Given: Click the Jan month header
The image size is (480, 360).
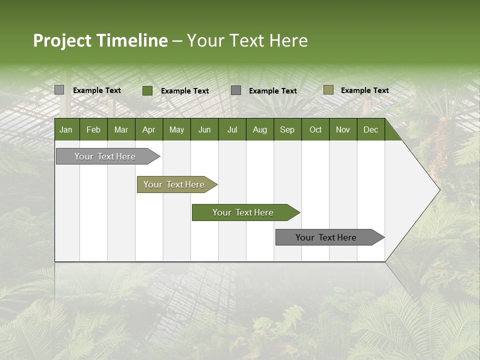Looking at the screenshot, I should pos(66,130).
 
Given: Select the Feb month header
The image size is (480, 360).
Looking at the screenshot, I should pos(93,130).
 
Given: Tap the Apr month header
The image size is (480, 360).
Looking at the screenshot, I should pos(148,130).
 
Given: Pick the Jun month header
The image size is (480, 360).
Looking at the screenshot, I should pos(204,130).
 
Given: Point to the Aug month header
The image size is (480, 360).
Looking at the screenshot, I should pos(259,130).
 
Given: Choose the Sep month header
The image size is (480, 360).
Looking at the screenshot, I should pos(287,130).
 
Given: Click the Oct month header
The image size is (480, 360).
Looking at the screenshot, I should pos(315,130).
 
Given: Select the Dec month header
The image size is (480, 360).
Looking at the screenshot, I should pos(370,130).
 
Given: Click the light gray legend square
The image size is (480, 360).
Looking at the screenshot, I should pos(59,90).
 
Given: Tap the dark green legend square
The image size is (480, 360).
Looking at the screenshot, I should pos(147,90).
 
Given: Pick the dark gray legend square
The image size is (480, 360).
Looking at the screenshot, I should pos(236,90).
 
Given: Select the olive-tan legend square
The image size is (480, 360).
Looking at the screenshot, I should pos(328,90).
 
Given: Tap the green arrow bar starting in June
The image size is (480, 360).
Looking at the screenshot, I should pos(243,212).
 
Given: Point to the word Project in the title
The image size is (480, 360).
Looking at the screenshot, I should pos(62,40).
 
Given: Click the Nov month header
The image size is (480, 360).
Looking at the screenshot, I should pos(342,130).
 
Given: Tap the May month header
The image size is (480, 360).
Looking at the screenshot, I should pos(176,130).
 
